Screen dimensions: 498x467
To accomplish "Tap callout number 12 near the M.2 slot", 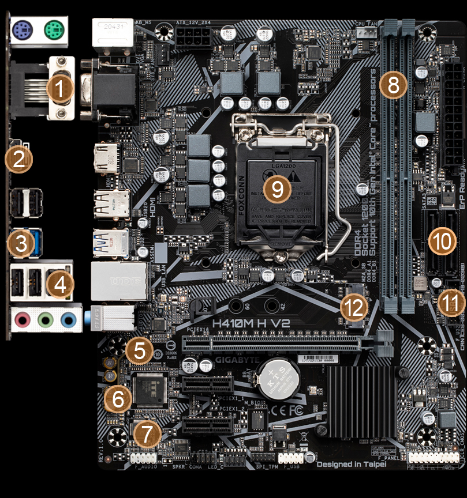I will pos(353,308).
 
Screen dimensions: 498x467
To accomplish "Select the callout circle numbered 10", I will pos(443,241).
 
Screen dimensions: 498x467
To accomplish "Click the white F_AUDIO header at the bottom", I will pos(143,458).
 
